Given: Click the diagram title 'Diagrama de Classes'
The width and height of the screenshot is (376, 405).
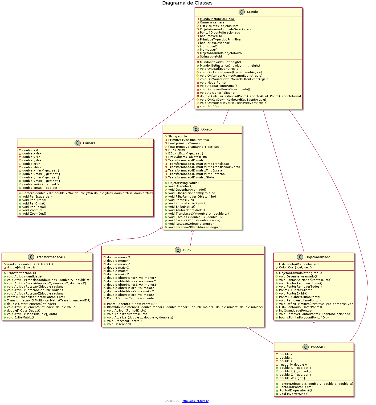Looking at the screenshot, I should click(187, 3).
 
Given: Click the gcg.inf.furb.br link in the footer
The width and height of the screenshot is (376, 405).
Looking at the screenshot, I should click(195, 401).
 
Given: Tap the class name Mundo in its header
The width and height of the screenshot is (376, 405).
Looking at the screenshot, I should click(252, 12).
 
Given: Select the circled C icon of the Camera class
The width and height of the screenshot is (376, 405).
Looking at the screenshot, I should click(78, 143).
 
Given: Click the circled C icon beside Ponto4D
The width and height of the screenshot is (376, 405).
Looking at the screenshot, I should click(306, 347).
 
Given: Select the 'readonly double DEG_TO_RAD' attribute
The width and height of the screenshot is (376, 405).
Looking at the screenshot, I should click(30, 264).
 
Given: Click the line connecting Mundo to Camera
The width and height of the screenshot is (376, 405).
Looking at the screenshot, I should click(166, 118).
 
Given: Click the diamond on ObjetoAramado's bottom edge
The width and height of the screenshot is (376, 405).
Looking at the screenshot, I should click(314, 322).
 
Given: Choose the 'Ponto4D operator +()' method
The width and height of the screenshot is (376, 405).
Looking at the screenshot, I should click(296, 390).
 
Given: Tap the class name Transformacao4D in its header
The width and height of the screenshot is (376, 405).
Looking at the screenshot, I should click(51, 257).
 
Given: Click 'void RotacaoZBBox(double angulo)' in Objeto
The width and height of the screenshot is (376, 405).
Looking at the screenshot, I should click(195, 227).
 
